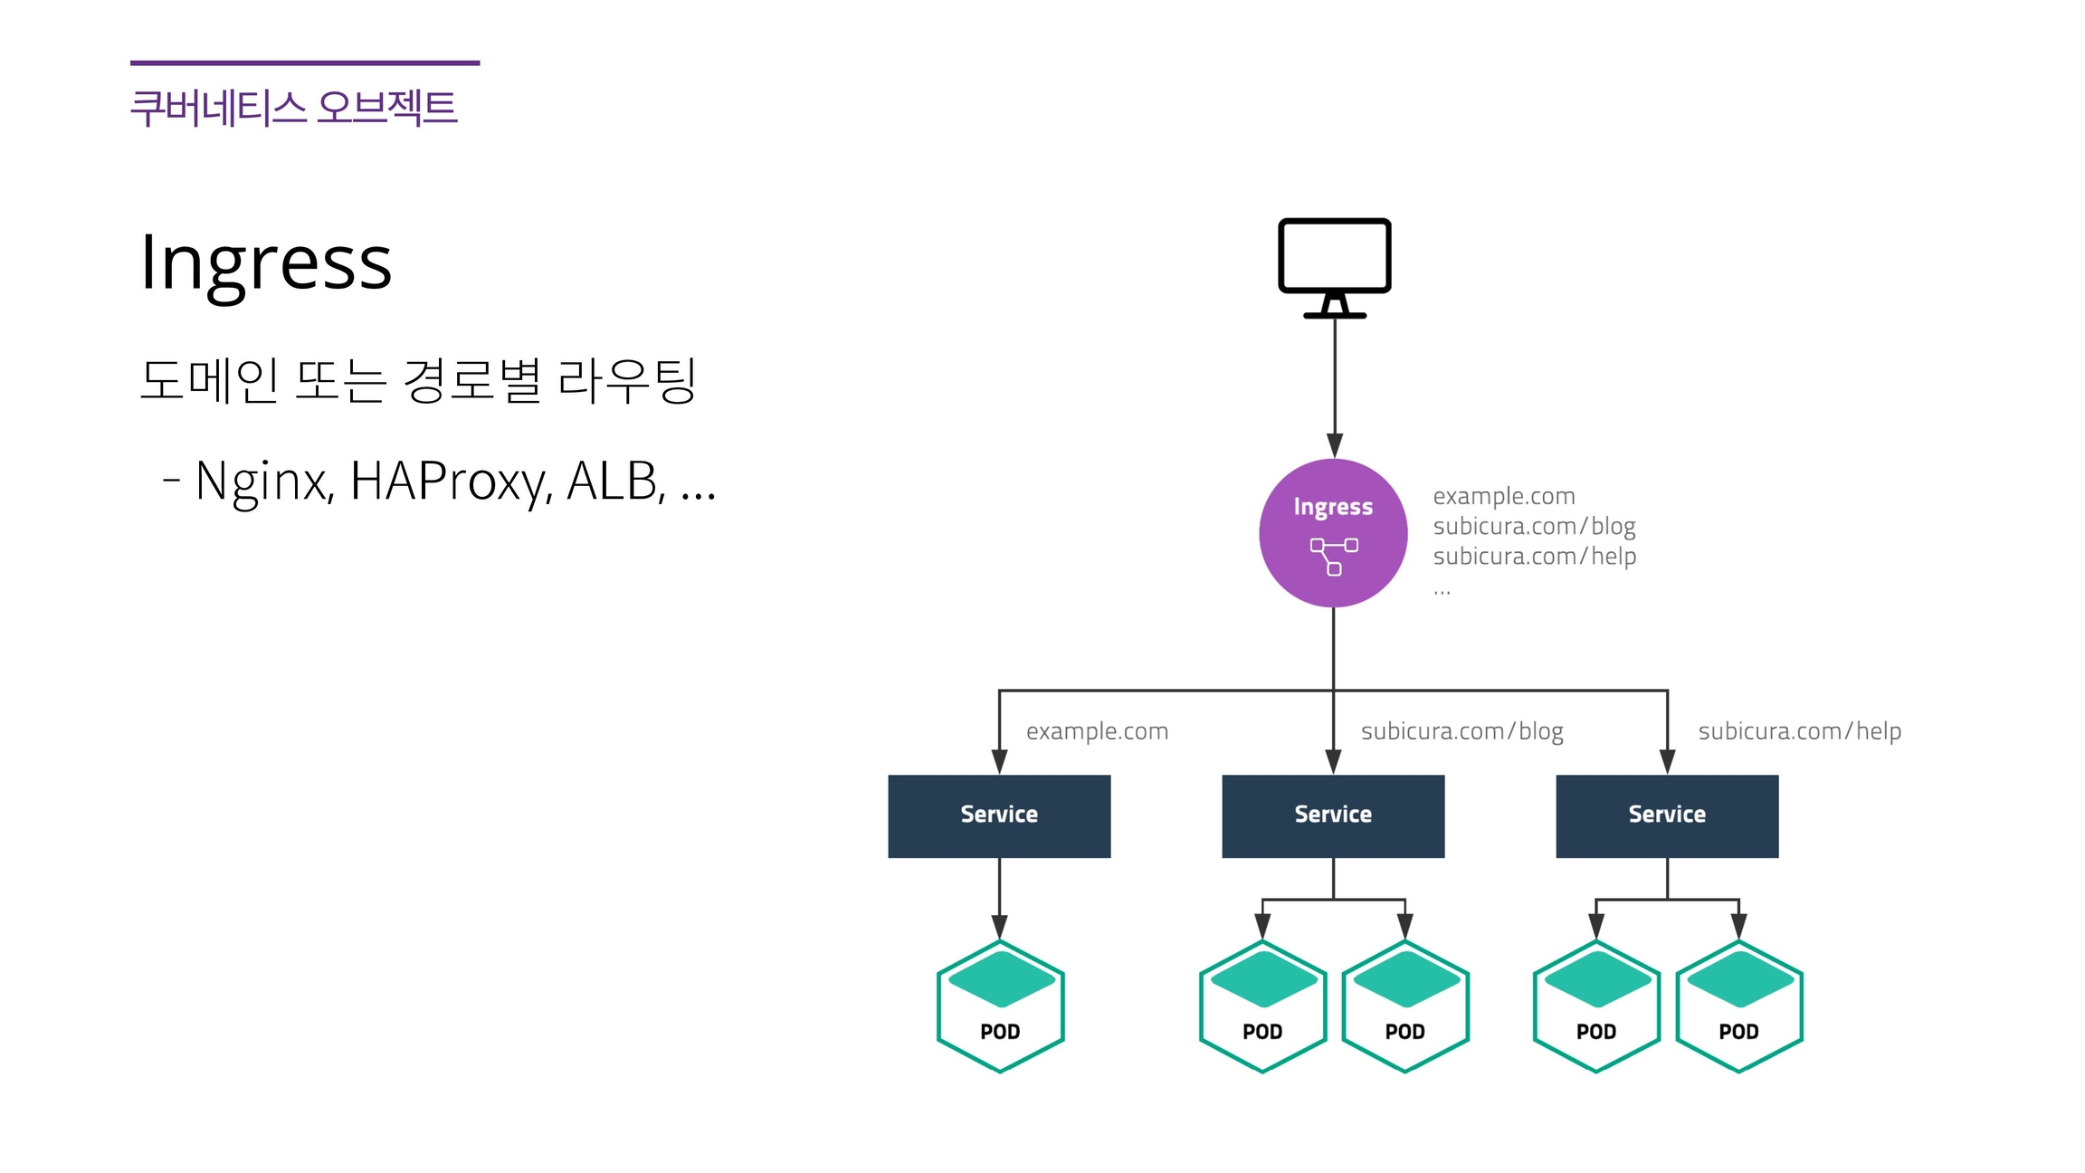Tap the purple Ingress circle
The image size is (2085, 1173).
point(1333,532)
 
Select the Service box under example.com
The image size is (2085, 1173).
point(999,815)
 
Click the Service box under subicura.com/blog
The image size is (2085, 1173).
point(1333,815)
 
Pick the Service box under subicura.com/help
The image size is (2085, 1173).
point(1667,815)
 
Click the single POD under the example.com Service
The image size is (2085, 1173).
point(1000,1006)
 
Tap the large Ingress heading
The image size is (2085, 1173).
point(266,262)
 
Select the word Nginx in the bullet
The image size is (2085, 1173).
point(264,481)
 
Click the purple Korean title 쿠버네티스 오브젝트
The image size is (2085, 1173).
point(294,108)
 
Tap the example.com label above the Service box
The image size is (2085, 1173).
point(1097,731)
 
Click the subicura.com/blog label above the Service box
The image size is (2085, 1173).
point(1461,731)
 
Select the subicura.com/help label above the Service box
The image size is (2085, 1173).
point(1799,731)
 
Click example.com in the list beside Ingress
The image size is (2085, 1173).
point(1504,496)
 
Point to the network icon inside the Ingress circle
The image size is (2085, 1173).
point(1334,556)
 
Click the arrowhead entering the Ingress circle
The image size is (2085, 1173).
point(1335,445)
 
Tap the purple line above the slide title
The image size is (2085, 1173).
point(305,62)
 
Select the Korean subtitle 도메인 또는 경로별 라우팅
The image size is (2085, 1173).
point(418,380)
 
